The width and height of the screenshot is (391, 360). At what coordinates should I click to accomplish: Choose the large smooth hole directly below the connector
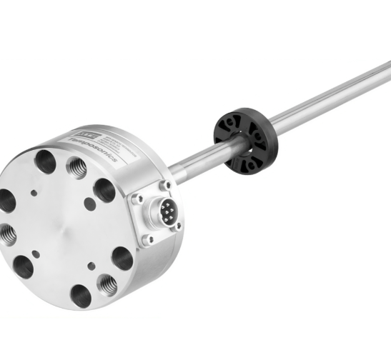[x=123, y=256]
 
